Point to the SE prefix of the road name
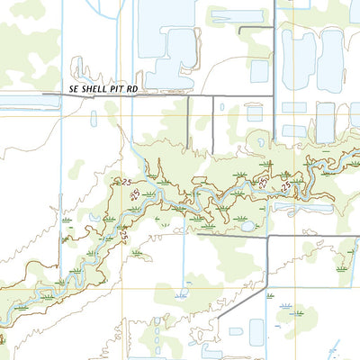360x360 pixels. (x=74, y=90)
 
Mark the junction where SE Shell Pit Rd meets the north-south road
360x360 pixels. (x=274, y=95)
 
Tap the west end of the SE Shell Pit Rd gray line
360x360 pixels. (x=42, y=94)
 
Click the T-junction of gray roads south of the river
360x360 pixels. (x=268, y=237)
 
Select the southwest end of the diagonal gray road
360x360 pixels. (x=219, y=320)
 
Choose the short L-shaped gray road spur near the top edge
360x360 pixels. (x=256, y=31)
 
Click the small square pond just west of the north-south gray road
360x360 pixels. (x=259, y=71)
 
